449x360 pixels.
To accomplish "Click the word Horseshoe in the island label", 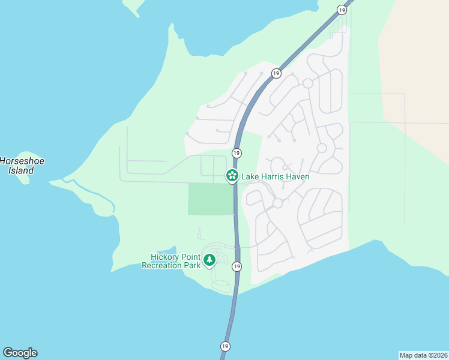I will click(22, 161).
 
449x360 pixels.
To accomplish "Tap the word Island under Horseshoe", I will click(21, 170).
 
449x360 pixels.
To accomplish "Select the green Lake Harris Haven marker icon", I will click(231, 176).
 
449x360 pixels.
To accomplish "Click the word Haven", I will click(298, 177).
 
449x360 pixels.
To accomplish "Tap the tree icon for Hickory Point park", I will click(209, 260).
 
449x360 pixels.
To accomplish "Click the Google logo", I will click(20, 353).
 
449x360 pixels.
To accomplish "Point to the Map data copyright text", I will click(423, 355).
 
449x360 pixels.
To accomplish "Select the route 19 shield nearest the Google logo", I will click(225, 346).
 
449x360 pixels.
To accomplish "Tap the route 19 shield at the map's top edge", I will click(342, 10).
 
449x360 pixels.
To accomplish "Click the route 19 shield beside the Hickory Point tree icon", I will click(237, 266).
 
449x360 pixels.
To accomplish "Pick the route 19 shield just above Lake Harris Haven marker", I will click(237, 153).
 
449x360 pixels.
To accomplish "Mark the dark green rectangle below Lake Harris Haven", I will click(211, 199).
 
